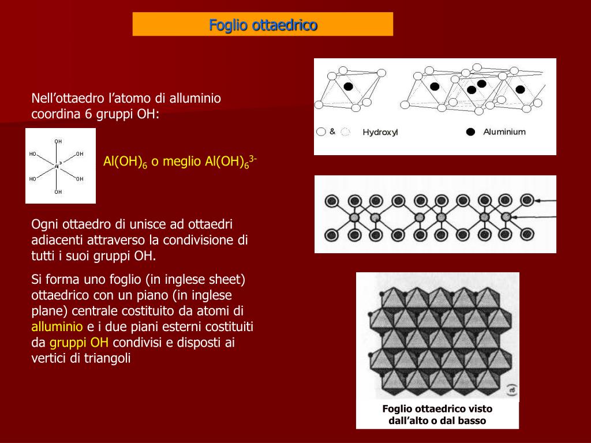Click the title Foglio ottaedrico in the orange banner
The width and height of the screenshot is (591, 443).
[263, 25]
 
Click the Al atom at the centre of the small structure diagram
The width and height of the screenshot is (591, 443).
[58, 166]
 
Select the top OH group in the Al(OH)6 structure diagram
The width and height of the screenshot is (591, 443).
[58, 141]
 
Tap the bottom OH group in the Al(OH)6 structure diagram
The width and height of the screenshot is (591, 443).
[58, 192]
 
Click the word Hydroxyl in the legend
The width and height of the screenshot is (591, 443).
[380, 132]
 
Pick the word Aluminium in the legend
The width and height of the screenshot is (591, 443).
[504, 132]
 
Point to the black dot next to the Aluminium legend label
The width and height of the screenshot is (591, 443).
[470, 132]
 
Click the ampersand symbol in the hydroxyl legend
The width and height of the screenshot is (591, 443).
[332, 132]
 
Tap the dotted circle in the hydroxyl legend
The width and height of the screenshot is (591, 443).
[345, 132]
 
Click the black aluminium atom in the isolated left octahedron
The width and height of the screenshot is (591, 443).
[348, 87]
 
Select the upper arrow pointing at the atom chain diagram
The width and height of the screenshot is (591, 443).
[545, 200]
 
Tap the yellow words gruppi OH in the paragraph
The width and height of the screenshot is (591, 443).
[79, 343]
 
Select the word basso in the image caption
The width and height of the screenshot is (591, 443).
[472, 421]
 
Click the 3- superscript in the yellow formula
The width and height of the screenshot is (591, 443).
[253, 157]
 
